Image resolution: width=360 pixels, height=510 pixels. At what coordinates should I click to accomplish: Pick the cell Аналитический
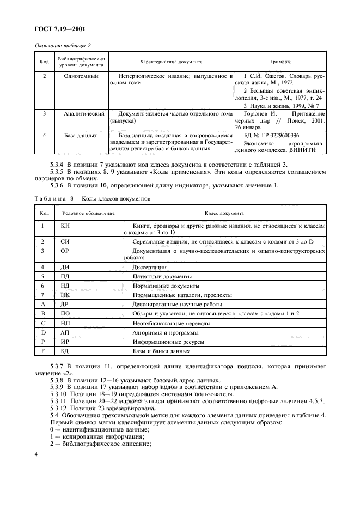pos(84,114)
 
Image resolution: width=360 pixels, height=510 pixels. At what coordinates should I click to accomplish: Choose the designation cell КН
pos(65,226)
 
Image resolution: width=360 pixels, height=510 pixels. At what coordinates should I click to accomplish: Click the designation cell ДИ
pos(65,267)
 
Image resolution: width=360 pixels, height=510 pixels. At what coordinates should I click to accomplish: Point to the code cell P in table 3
pos(42,341)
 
